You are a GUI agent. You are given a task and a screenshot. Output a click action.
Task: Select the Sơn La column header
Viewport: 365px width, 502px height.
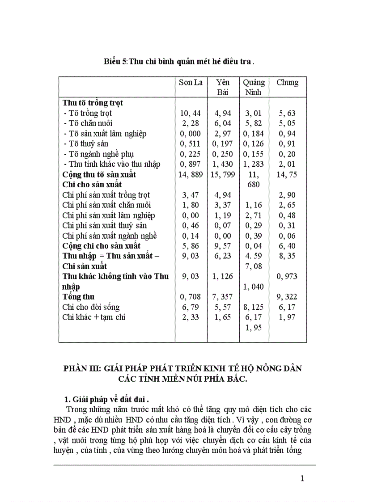point(191,82)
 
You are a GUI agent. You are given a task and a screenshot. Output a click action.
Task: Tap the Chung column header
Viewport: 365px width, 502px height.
point(287,82)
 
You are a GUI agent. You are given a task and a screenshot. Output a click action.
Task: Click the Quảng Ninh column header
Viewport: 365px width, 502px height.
point(254,87)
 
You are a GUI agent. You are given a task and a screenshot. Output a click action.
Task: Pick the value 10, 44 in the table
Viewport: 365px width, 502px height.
point(191,113)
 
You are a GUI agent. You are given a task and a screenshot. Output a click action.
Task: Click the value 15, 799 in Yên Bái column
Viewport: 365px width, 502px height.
point(222,174)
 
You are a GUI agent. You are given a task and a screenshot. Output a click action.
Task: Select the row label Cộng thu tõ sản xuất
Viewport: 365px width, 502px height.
point(99,174)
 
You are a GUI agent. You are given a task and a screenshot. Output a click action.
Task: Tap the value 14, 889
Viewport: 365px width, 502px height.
point(191,174)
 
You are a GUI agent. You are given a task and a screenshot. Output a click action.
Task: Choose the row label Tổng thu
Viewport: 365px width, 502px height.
point(78,297)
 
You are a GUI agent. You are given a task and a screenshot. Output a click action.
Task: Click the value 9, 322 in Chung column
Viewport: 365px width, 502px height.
point(287,297)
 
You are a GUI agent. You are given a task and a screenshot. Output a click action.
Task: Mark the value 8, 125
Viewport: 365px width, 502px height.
point(254,307)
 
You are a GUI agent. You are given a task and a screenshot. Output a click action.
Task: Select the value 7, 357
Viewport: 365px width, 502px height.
point(222,297)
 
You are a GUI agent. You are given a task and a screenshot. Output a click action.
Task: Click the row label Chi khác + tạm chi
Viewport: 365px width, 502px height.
point(94,317)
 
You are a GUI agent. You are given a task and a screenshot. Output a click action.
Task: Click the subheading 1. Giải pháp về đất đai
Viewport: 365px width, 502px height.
point(110,399)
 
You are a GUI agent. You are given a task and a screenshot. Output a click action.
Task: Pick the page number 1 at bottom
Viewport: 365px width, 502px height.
point(302,478)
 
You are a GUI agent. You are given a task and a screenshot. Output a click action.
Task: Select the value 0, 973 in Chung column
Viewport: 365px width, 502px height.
point(287,276)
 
